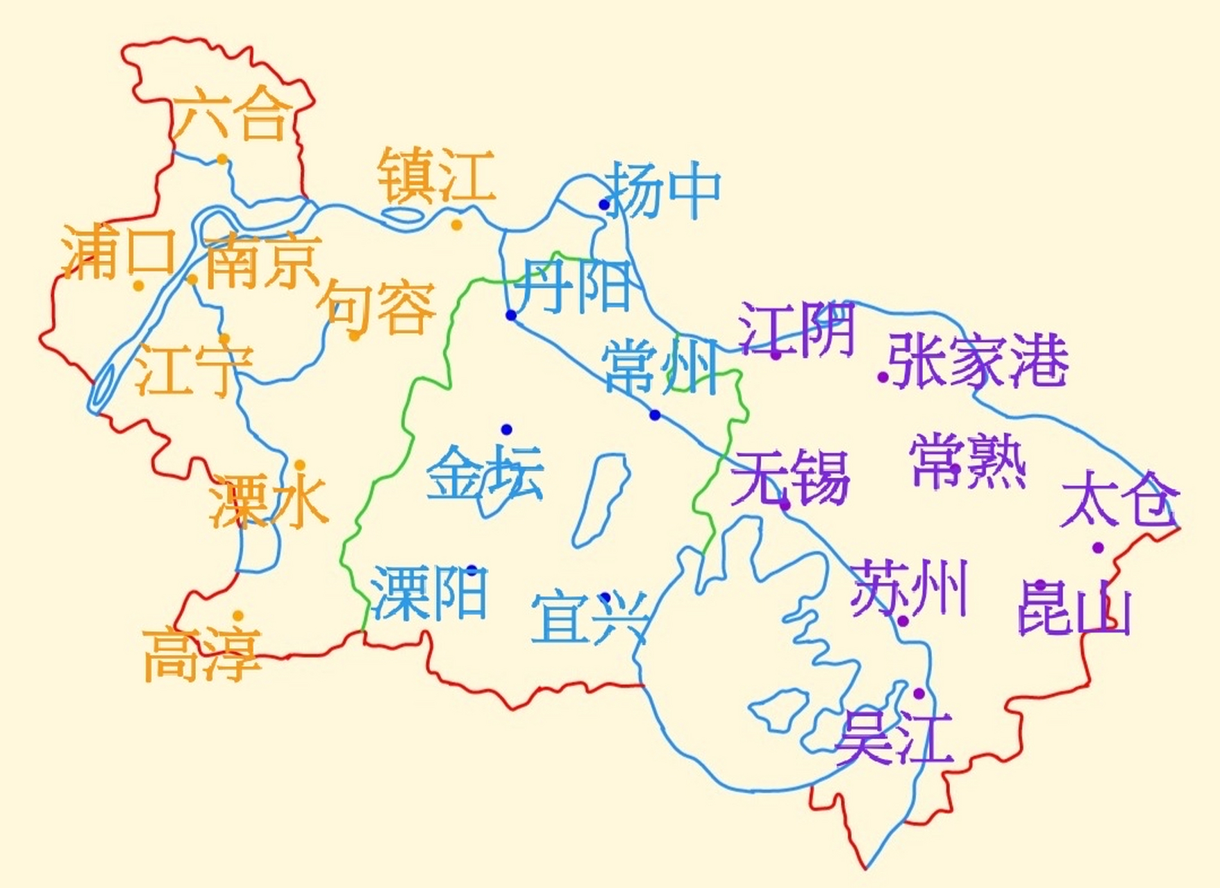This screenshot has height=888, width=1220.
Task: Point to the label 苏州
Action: click(909, 589)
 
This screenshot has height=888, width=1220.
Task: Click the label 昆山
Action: click(1074, 608)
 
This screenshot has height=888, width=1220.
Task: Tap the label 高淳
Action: click(202, 654)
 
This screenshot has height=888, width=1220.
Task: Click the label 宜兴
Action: click(590, 617)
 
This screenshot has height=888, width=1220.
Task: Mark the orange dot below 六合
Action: click(222, 160)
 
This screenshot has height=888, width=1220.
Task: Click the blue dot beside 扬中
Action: click(604, 204)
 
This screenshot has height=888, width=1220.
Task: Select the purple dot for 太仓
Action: click(1098, 547)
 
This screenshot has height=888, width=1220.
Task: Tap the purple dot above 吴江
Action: click(919, 693)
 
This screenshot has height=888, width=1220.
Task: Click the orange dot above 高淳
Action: click(237, 615)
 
